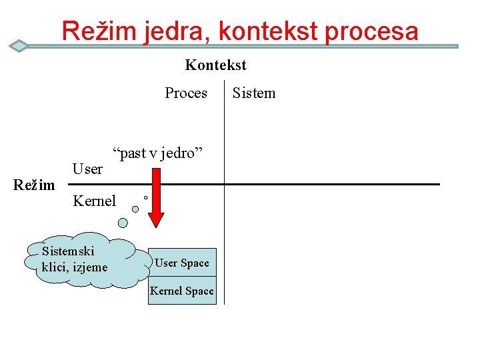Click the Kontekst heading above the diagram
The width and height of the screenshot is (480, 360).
pyautogui.click(x=215, y=65)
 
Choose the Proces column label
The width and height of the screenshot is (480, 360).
pyautogui.click(x=186, y=93)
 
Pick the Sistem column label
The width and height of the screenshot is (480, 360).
pyautogui.click(x=253, y=93)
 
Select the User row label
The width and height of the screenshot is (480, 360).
pyautogui.click(x=87, y=169)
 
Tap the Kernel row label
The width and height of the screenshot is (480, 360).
pyautogui.click(x=94, y=201)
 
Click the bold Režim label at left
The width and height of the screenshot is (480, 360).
pyautogui.click(x=34, y=185)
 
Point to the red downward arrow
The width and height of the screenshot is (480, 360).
pyautogui.click(x=156, y=197)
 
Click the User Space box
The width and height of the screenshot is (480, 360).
pyautogui.click(x=182, y=263)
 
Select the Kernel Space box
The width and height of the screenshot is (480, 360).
pyautogui.click(x=182, y=291)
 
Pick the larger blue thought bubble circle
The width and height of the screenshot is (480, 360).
pyautogui.click(x=135, y=209)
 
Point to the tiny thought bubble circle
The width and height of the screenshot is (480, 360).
pyautogui.click(x=145, y=197)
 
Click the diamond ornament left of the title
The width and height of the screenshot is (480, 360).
pyautogui.click(x=19, y=46)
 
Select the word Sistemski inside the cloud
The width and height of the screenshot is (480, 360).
pyautogui.click(x=68, y=251)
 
